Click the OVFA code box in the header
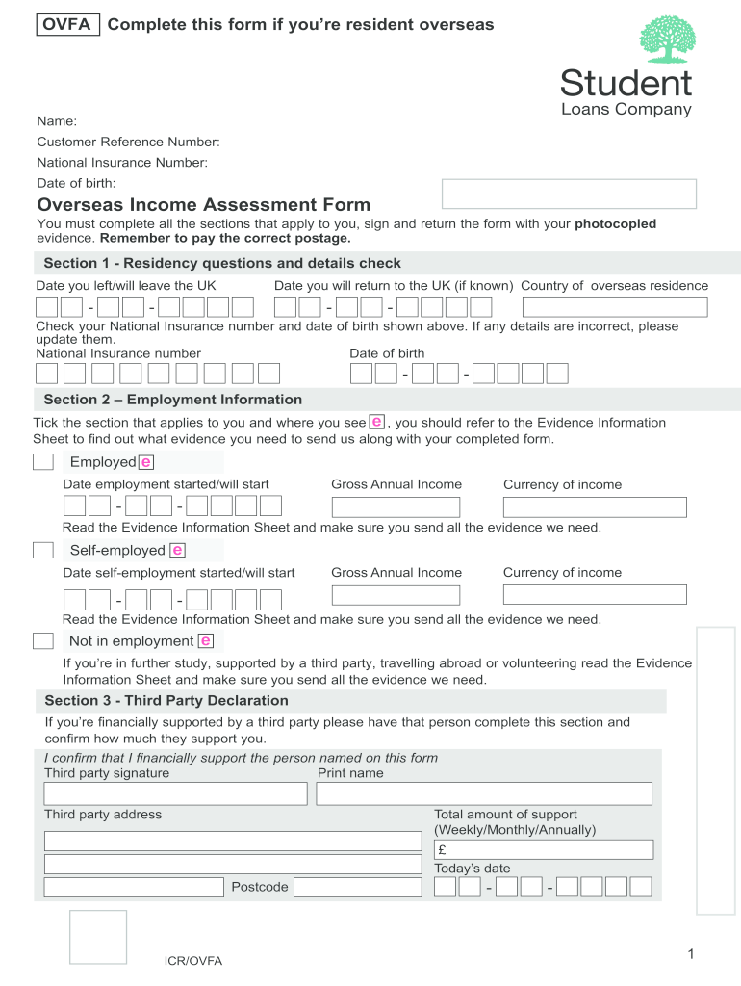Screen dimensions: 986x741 (67, 25)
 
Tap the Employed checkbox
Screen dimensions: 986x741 (43, 462)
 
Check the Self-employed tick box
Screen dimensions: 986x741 (43, 550)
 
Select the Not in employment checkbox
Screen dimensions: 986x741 (43, 641)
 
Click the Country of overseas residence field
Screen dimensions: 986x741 (615, 307)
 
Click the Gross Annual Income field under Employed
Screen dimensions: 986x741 (396, 507)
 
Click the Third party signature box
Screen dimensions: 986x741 (176, 793)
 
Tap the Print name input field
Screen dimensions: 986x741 (484, 793)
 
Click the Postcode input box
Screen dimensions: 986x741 (357, 887)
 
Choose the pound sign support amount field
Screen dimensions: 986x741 (544, 849)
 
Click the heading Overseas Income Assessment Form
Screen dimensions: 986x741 (203, 205)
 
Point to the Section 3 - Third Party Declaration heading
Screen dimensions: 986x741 (166, 701)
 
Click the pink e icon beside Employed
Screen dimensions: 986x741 (146, 462)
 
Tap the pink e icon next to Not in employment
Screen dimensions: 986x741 (206, 641)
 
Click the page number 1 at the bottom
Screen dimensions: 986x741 (691, 954)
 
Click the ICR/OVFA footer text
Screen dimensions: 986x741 (192, 961)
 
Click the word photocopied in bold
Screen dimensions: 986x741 (615, 223)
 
